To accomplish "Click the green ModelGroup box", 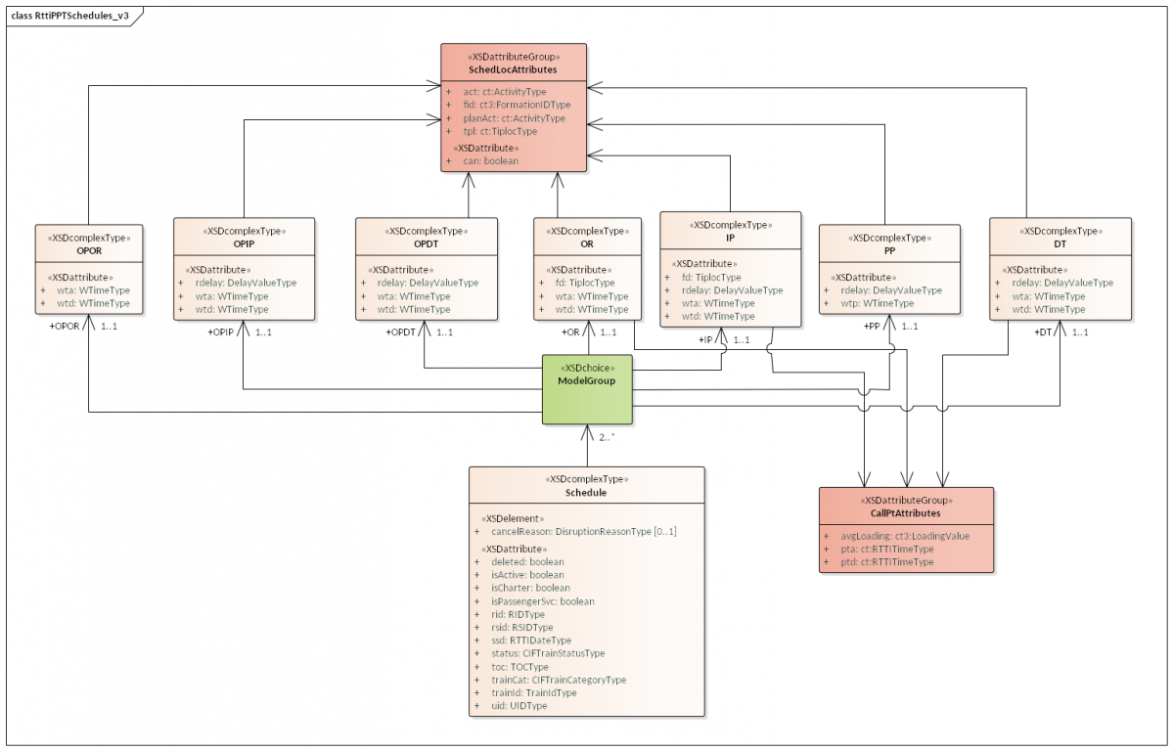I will [587, 389].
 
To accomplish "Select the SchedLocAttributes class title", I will [514, 70].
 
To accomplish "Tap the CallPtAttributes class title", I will [905, 512].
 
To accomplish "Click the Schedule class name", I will [586, 493].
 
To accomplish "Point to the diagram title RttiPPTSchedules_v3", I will [69, 17].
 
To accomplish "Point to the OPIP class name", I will [244, 244].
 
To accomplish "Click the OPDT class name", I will [425, 244].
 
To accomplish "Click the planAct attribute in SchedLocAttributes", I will [514, 118].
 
